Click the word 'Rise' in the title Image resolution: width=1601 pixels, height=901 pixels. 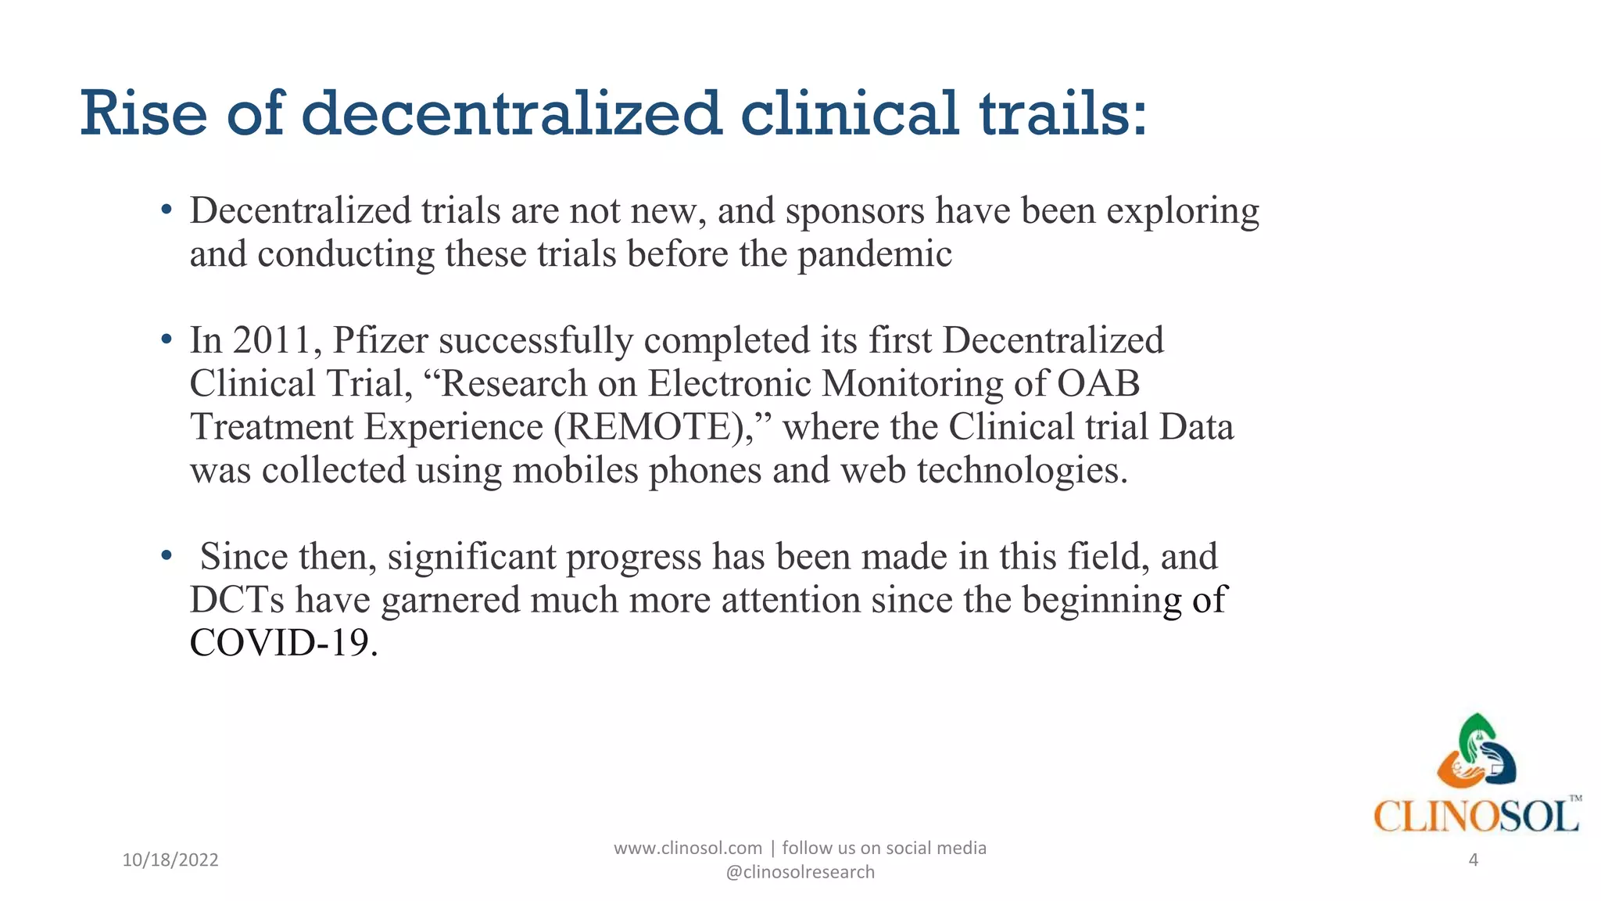[x=144, y=114]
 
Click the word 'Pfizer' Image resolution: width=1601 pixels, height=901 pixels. [x=381, y=341]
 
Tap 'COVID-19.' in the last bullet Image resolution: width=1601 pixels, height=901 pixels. [x=284, y=643]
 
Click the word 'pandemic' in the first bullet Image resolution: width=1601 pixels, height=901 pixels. [x=874, y=254]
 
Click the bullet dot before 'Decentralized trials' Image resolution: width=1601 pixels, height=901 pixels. [x=166, y=210]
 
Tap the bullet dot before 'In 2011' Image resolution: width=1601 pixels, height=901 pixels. [x=166, y=340]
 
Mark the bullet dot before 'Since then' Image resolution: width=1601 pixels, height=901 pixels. [x=166, y=556]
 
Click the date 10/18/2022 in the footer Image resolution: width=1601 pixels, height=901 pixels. [x=170, y=860]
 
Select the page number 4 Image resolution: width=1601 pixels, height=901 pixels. [x=1474, y=860]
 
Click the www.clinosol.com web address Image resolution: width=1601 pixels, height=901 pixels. [x=687, y=848]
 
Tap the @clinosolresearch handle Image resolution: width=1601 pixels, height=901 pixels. [x=800, y=872]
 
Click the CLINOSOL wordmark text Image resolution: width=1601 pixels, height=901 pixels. [x=1476, y=817]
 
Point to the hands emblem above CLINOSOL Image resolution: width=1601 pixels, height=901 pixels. [x=1477, y=753]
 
